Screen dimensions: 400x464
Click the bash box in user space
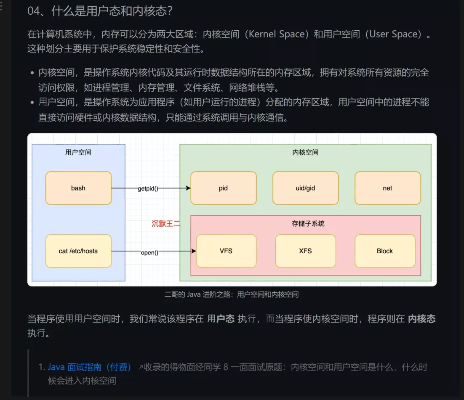(78, 188)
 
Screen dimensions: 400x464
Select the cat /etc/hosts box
(78, 251)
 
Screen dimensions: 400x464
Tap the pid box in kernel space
(223, 188)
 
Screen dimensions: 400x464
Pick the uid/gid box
(305, 188)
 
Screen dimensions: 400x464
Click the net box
(387, 188)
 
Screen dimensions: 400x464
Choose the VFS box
(226, 251)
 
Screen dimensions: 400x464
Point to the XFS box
(305, 251)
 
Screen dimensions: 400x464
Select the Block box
(384, 251)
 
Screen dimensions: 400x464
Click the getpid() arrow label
(148, 189)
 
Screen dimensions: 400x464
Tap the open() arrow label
(149, 252)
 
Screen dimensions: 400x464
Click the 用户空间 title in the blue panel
(78, 152)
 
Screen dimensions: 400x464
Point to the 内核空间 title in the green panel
(305, 152)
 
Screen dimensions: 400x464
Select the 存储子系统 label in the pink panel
(308, 224)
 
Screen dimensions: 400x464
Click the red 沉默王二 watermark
(166, 224)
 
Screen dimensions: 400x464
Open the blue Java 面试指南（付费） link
(90, 367)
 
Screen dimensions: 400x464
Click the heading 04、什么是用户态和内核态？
(100, 11)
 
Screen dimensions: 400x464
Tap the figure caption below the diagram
(232, 294)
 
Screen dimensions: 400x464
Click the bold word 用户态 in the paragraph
(221, 319)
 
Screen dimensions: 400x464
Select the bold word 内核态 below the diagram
(421, 319)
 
